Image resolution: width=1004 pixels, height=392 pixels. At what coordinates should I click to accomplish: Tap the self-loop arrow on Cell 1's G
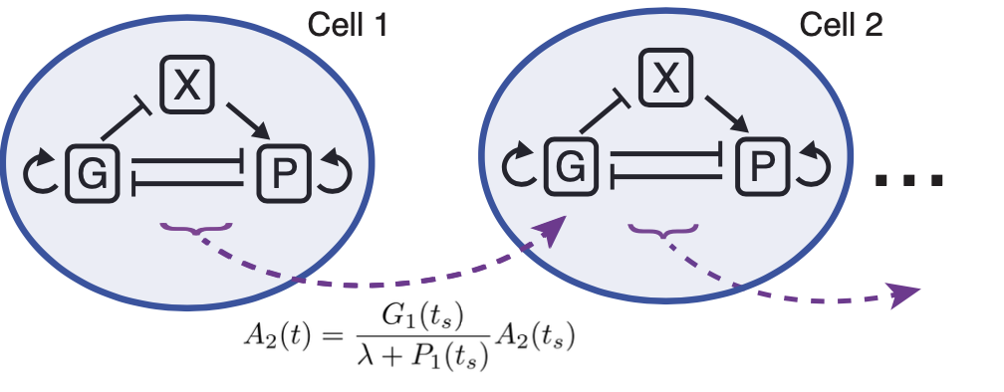coord(40,173)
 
